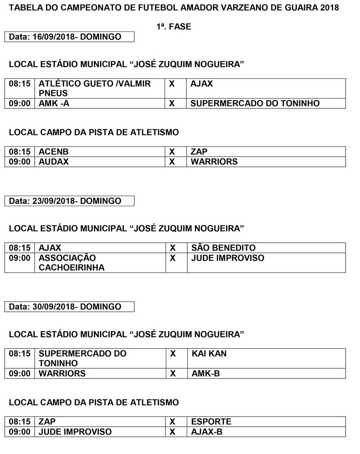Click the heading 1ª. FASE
point(174,27)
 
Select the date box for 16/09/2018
point(69,37)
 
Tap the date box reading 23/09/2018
point(69,201)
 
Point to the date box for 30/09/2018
point(69,307)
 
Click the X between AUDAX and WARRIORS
point(172,162)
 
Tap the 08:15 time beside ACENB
point(19,151)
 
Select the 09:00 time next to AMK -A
point(19,104)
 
